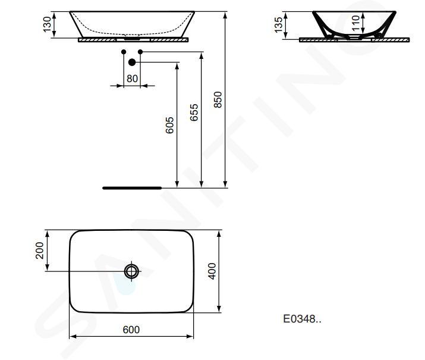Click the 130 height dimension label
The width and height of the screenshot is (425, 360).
(x=47, y=24)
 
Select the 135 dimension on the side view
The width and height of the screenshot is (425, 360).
(x=279, y=24)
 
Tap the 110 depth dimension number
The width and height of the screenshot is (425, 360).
(x=356, y=23)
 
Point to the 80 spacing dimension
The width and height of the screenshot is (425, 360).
(x=133, y=79)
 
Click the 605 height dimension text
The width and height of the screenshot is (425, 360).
(x=169, y=126)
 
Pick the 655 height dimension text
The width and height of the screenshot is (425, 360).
(x=194, y=112)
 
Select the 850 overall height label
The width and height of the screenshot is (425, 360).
(x=218, y=99)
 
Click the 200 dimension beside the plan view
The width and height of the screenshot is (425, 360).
(x=40, y=251)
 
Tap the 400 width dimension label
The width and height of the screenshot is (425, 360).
(x=212, y=271)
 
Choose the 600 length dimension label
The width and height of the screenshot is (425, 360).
(x=131, y=330)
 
